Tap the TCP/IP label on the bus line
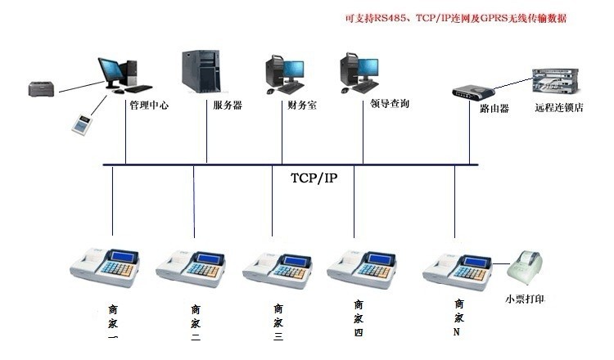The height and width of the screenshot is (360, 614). coord(314,178)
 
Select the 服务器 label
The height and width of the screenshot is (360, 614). coord(228,106)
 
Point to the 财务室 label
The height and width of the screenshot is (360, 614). coord(301,106)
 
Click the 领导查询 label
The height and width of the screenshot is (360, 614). coord(390,105)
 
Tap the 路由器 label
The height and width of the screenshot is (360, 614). coord(494,107)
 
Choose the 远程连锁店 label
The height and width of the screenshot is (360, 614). coord(558,107)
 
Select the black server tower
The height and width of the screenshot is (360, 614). coord(201,73)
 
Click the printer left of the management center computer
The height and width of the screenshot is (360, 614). coord(42,88)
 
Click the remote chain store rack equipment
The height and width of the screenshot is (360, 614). coord(556,83)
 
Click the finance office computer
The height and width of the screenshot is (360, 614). coord(286,73)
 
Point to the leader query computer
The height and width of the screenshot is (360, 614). coord(359,73)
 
